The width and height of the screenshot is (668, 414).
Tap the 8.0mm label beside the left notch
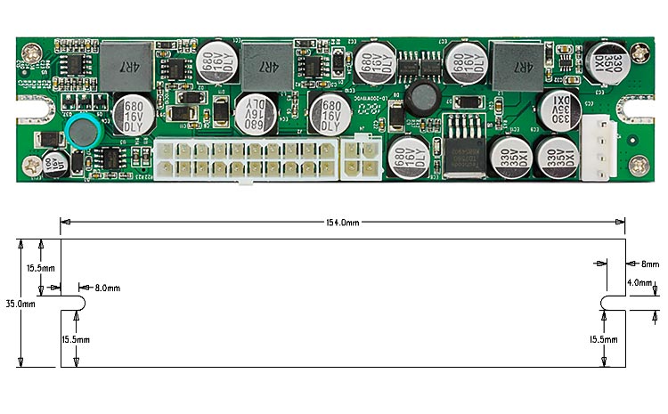point(106,288)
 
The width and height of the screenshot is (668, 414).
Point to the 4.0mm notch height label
point(640,283)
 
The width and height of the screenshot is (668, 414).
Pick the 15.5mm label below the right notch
point(605,339)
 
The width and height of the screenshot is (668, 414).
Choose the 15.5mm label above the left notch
point(40,267)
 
